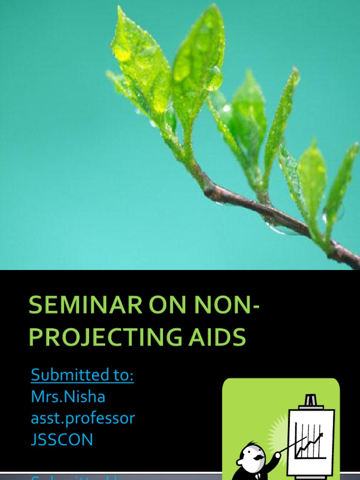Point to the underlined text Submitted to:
coord(82,375)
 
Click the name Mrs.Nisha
coord(68,397)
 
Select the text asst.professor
coord(82,418)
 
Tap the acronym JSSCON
coord(62,439)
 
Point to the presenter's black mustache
coord(257,457)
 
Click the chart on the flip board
coord(310,441)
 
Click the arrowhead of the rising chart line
coord(321,435)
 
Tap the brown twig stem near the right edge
coord(345,253)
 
